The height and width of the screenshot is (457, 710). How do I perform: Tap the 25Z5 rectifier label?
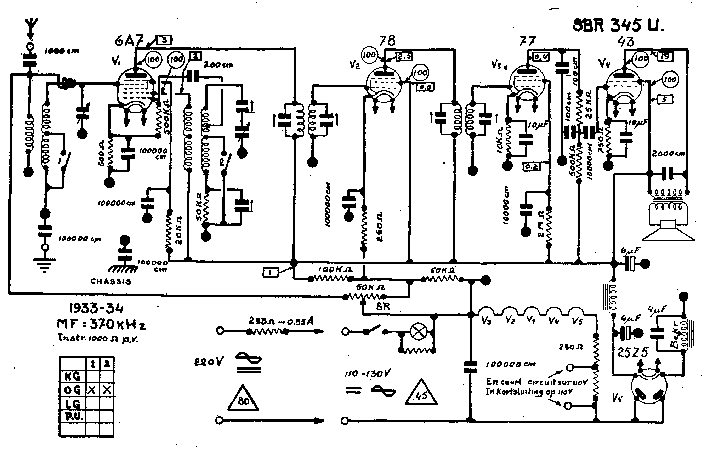click(x=633, y=353)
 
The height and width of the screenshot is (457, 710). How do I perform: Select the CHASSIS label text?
click(x=111, y=282)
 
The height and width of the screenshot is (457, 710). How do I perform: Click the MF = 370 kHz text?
click(x=101, y=325)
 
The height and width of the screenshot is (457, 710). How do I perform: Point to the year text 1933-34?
click(x=96, y=309)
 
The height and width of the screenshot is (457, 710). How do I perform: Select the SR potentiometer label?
click(x=383, y=307)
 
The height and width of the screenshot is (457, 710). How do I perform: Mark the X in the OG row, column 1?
click(x=92, y=390)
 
